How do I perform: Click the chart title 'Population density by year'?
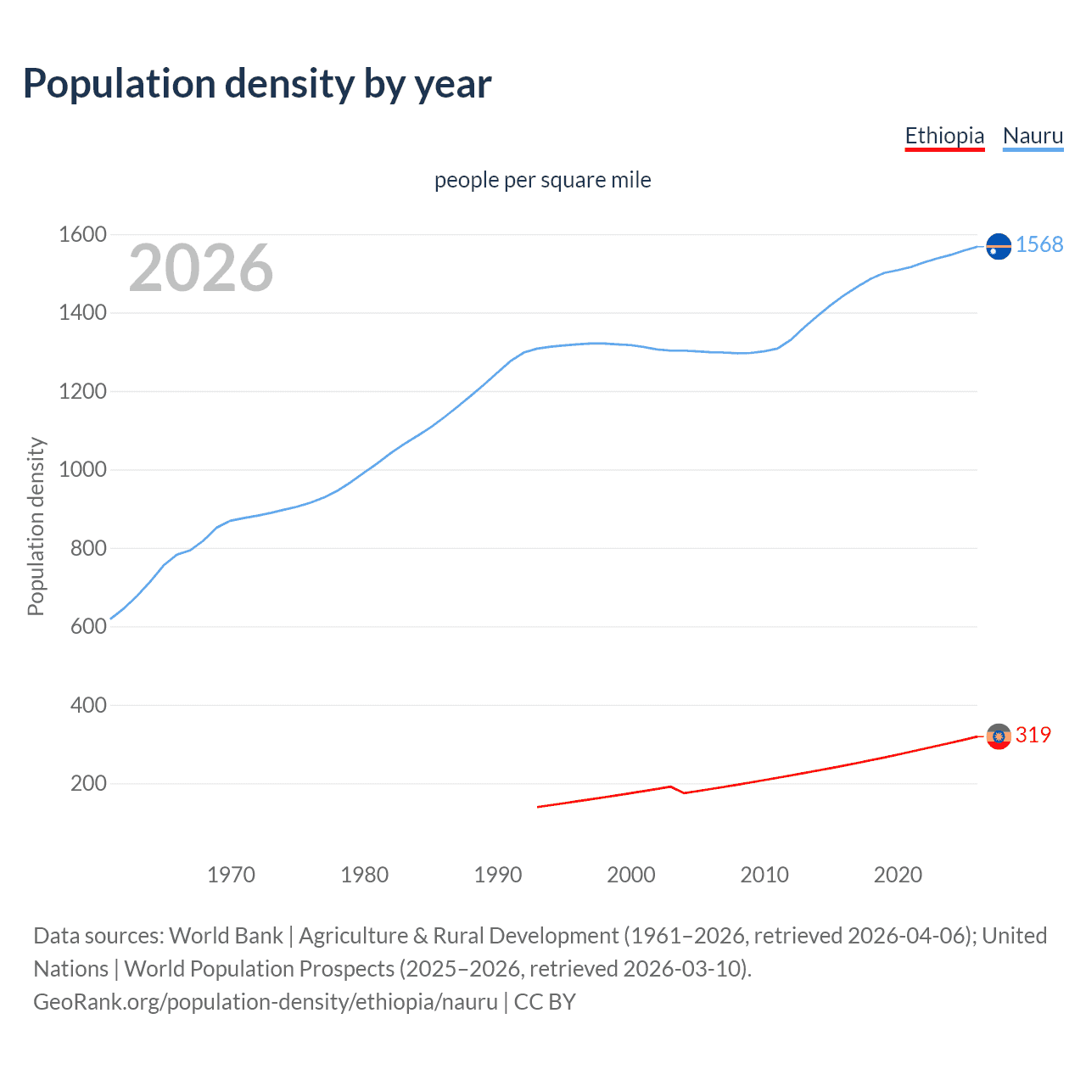(x=257, y=84)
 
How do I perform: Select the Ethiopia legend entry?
(x=944, y=136)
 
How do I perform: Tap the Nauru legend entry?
(x=1033, y=136)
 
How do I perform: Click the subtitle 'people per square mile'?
(x=542, y=180)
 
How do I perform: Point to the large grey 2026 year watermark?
(x=201, y=268)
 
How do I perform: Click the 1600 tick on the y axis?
(x=82, y=235)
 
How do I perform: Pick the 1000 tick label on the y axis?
(x=82, y=470)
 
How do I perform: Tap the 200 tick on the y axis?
(x=88, y=783)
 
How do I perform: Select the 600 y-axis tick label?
(x=88, y=627)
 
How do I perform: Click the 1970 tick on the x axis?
(x=231, y=875)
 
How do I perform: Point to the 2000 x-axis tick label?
(x=631, y=875)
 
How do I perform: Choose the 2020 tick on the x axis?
(x=898, y=875)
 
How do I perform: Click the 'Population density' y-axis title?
(x=36, y=526)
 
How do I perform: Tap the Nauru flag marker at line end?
(x=999, y=246)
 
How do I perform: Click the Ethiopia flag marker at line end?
(x=999, y=736)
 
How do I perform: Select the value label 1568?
(x=1038, y=244)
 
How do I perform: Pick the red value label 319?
(x=1033, y=735)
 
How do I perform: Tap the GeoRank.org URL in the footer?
(x=265, y=1002)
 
